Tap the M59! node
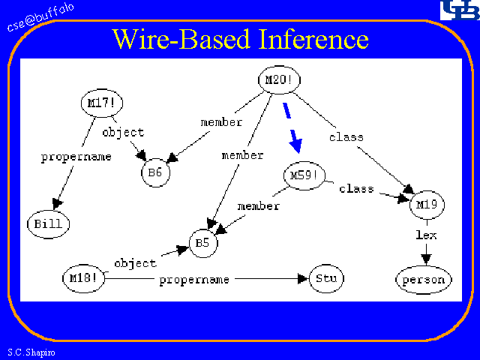[304, 176]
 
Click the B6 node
[155, 172]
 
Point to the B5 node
[203, 243]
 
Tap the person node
[424, 280]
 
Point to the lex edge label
[426, 235]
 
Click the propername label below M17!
[76, 157]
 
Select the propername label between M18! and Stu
[194, 279]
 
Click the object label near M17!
[123, 133]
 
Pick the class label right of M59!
[356, 188]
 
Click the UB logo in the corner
[456, 12]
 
